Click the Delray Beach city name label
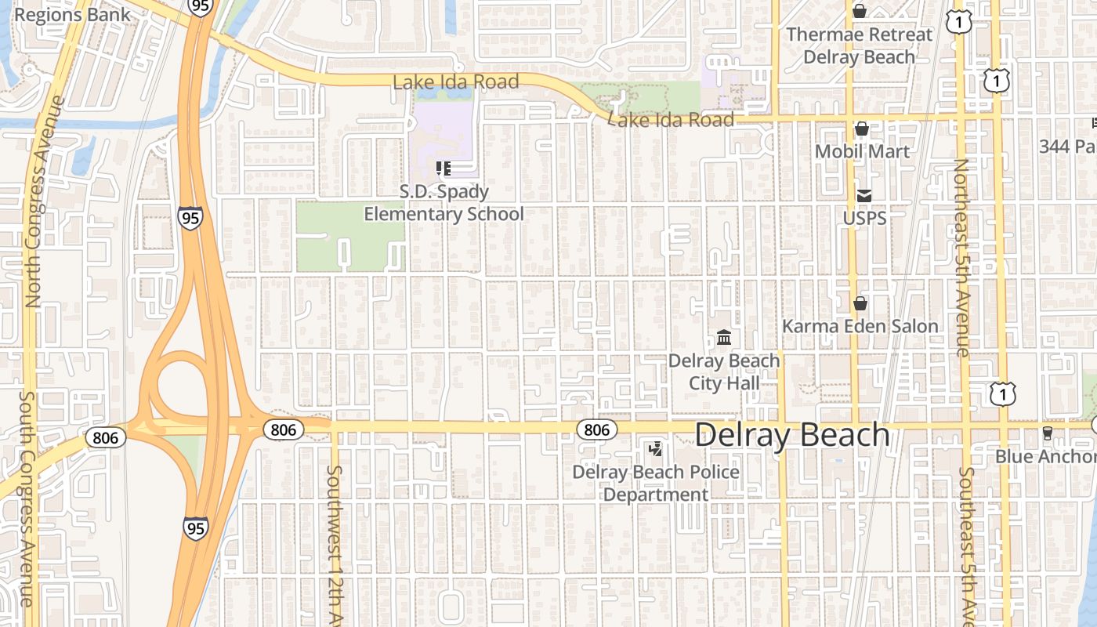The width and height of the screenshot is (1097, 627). pyautogui.click(x=791, y=436)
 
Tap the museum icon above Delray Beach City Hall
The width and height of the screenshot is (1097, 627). pyautogui.click(x=724, y=338)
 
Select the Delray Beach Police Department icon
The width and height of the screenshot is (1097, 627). pyautogui.click(x=655, y=449)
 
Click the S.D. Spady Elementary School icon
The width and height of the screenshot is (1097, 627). pyautogui.click(x=444, y=168)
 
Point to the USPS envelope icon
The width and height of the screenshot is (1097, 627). pyautogui.click(x=863, y=195)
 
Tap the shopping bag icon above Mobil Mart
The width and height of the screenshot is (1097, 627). pyautogui.click(x=862, y=129)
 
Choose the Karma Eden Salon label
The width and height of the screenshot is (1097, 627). pyautogui.click(x=860, y=326)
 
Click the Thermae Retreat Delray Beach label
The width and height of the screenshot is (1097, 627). pyautogui.click(x=860, y=45)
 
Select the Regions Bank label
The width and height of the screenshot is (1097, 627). pyautogui.click(x=62, y=15)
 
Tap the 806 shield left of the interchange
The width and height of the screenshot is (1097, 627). pyautogui.click(x=104, y=437)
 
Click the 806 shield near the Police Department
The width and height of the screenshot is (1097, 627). pyautogui.click(x=596, y=429)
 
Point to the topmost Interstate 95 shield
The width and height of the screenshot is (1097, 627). pyautogui.click(x=199, y=6)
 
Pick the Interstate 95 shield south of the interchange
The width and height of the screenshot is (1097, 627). pyautogui.click(x=196, y=527)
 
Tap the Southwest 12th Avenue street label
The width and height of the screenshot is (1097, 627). pyautogui.click(x=335, y=545)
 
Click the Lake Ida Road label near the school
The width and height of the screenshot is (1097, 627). pyautogui.click(x=455, y=82)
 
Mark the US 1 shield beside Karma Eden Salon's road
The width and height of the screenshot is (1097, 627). pyautogui.click(x=1002, y=394)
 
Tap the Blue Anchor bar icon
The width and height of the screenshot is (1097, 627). pyautogui.click(x=1047, y=433)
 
